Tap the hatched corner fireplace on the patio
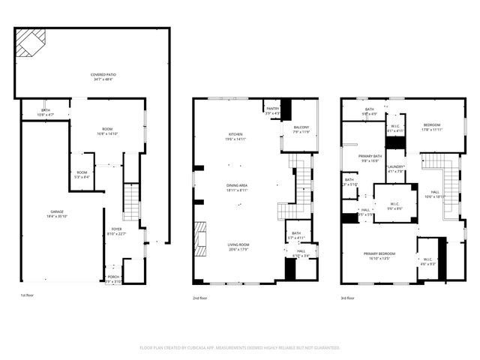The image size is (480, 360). (31, 43)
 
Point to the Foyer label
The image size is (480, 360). (117, 231)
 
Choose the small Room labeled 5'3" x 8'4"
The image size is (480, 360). (82, 174)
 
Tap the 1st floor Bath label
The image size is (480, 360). (45, 112)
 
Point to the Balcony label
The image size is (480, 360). (301, 129)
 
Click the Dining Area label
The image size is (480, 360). (237, 187)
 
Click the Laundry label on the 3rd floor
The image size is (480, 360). (395, 169)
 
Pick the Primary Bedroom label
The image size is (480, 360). (379, 256)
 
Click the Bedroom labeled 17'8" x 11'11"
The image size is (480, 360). (431, 126)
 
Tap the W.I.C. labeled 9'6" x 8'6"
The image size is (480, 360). (395, 205)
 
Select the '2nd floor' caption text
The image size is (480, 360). (201, 298)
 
